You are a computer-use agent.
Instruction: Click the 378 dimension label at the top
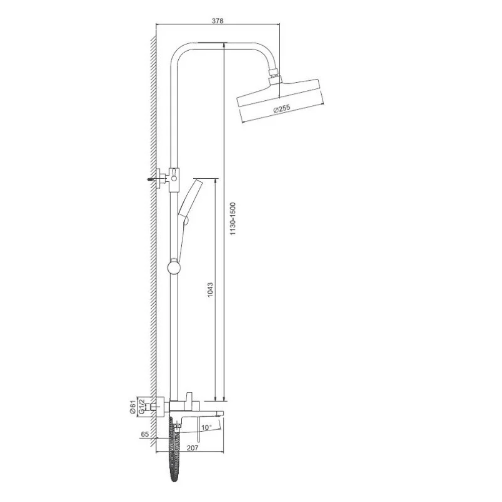pos(218,21)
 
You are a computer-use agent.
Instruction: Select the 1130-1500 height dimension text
pos(233,219)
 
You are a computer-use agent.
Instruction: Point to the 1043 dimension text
pos(210,290)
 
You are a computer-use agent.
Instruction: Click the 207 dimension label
pos(192,448)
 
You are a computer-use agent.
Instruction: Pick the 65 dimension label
pos(145,434)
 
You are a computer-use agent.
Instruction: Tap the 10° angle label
pos(206,427)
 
